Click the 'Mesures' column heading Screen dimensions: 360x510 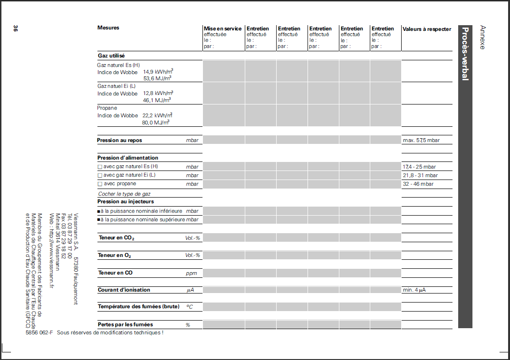pyautogui.click(x=108, y=28)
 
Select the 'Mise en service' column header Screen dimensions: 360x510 pyautogui.click(x=222, y=29)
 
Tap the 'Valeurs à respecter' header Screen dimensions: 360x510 pyautogui.click(x=426, y=29)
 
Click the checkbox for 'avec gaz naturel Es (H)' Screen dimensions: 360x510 pyautogui.click(x=100, y=167)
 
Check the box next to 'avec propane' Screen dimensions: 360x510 pyautogui.click(x=100, y=184)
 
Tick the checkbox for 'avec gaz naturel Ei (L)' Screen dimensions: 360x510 pyautogui.click(x=100, y=176)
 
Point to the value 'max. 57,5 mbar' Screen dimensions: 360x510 pyautogui.click(x=421, y=141)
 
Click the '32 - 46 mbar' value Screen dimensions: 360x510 pyautogui.click(x=418, y=184)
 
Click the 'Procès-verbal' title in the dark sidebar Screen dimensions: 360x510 pyautogui.click(x=465, y=54)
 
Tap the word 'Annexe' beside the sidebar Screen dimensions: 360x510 pyautogui.click(x=482, y=38)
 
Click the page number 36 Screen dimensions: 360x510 pyautogui.click(x=15, y=28)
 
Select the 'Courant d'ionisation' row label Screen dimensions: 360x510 pyautogui.click(x=124, y=290)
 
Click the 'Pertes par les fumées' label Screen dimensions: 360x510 pyautogui.click(x=125, y=325)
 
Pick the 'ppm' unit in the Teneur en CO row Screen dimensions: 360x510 pyautogui.click(x=191, y=274)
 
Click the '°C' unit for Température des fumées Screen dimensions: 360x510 pyautogui.click(x=189, y=307)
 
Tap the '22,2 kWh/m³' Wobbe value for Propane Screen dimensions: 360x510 pyautogui.click(x=157, y=116)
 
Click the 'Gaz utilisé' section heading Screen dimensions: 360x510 pyautogui.click(x=111, y=56)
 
